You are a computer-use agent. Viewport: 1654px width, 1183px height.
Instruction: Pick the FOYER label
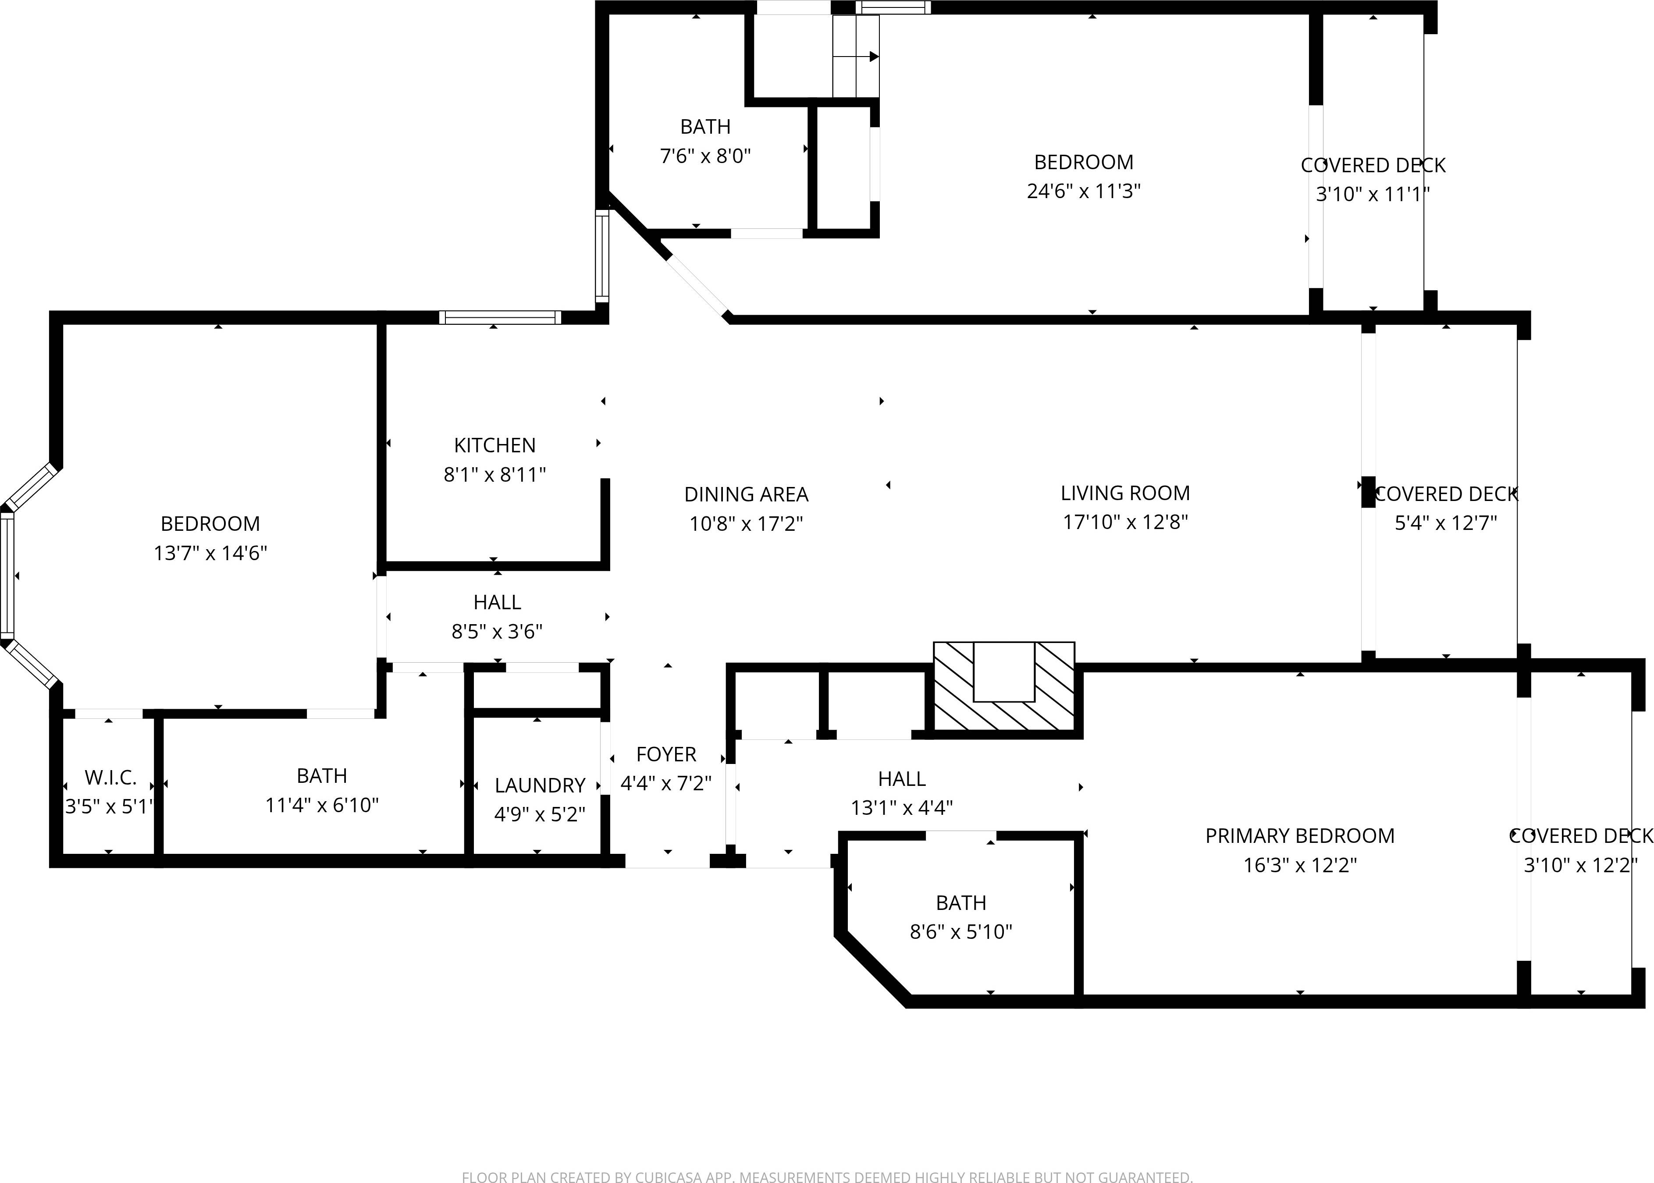point(665,754)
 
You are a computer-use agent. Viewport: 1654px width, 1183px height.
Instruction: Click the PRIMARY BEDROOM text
point(1299,835)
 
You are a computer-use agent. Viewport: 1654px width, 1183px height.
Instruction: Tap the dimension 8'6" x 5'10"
point(960,932)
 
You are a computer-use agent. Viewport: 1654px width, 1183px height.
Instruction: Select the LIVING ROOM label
point(1124,493)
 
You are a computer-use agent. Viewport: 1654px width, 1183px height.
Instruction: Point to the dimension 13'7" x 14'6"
point(210,553)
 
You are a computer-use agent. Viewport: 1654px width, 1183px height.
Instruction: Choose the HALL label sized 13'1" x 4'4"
point(901,779)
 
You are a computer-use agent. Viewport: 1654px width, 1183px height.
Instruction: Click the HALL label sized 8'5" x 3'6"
point(497,602)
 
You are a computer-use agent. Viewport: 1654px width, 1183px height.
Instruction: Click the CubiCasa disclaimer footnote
point(827,1176)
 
